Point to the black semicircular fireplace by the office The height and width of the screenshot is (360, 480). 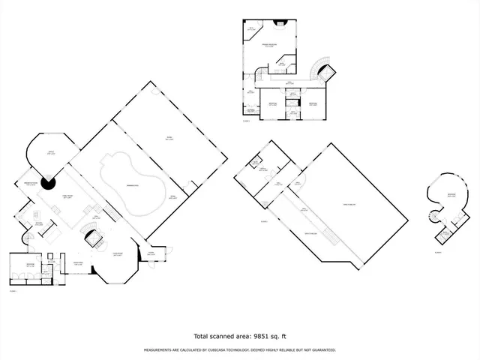pos(49,182)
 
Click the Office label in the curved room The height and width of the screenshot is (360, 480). pos(52,154)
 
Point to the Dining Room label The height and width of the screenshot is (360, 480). pos(77,262)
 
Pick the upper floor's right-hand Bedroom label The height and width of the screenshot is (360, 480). pos(313,103)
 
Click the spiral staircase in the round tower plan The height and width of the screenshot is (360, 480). pos(433,217)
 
